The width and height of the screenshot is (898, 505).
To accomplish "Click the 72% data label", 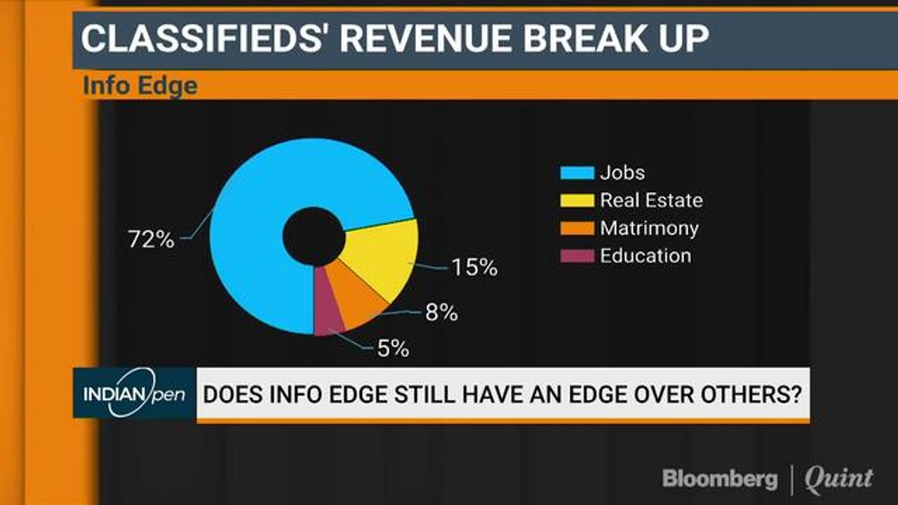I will (150, 239).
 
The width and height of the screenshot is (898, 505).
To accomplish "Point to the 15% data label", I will (474, 267).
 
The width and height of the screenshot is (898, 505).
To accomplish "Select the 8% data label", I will (441, 313).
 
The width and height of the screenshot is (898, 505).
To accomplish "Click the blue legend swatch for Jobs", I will (577, 173).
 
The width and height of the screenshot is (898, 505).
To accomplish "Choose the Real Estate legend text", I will (650, 201).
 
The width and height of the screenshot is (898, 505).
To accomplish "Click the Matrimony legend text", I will (649, 228).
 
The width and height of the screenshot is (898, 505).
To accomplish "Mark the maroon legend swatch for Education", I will (577, 256).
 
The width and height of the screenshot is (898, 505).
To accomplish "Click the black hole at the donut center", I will (314, 236).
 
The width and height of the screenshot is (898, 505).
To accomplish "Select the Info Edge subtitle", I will (140, 86).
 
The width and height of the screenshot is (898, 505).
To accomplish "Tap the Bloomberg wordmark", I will (721, 479).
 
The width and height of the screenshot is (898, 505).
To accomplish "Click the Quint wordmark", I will (838, 479).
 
